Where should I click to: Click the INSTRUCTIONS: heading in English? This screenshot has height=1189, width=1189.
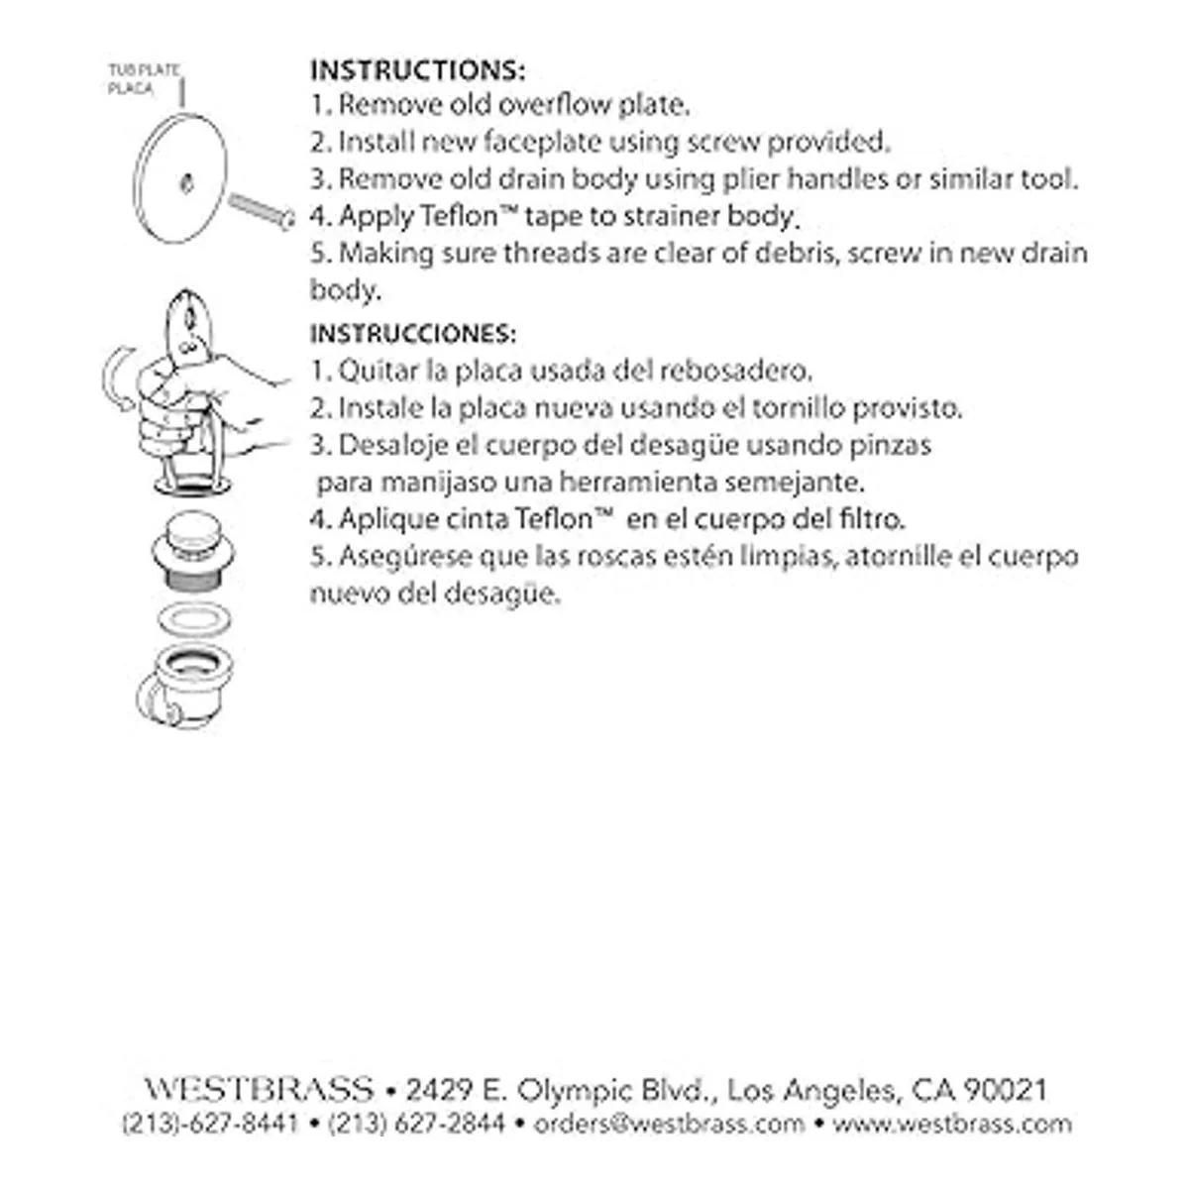pyautogui.click(x=417, y=70)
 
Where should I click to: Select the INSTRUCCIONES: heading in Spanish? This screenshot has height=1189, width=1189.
pyautogui.click(x=412, y=333)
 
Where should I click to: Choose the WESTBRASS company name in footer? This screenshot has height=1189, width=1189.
pyautogui.click(x=260, y=1090)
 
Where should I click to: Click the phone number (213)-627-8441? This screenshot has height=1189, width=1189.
pyautogui.click(x=209, y=1125)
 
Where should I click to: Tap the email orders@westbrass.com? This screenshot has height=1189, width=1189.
pyautogui.click(x=669, y=1125)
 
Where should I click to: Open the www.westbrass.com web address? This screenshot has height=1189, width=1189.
pyautogui.click(x=952, y=1125)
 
